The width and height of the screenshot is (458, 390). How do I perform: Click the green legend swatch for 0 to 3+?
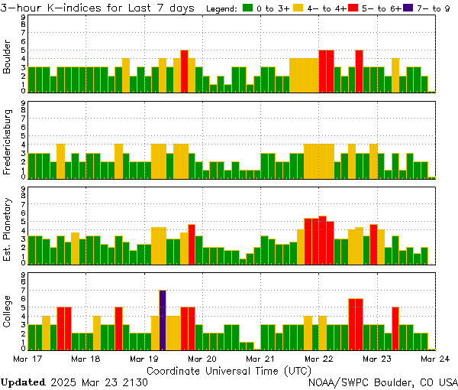[248, 8]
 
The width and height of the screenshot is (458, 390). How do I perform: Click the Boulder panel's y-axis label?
[8, 57]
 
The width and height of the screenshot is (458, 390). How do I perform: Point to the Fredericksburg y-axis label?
[8, 145]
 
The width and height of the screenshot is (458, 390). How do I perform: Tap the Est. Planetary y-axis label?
[8, 230]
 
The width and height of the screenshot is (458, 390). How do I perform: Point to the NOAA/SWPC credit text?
[382, 382]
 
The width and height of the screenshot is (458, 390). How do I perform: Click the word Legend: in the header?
[222, 8]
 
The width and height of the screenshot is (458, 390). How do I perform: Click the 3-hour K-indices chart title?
[99, 8]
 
